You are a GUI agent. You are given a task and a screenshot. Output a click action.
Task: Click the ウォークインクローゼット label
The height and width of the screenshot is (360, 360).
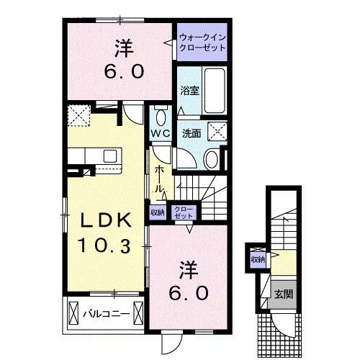pos(202,42)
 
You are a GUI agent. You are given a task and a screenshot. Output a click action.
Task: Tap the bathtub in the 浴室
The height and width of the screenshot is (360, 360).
pos(215,91)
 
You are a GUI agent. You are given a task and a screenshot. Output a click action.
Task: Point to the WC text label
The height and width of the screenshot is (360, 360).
pos(161,133)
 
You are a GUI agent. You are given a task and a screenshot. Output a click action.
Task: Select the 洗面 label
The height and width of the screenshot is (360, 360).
pos(192,134)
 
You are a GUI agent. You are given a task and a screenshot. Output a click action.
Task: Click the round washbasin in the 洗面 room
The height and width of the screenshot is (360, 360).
pos(211,158)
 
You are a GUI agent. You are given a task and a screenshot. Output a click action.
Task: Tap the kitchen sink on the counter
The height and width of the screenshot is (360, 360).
pos(110,156)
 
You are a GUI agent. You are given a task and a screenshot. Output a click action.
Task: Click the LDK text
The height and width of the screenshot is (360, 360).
pos(106,220)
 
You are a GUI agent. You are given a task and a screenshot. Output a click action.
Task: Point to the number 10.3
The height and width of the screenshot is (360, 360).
pos(104,246)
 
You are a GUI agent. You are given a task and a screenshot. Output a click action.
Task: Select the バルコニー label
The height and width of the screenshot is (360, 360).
pos(107,314)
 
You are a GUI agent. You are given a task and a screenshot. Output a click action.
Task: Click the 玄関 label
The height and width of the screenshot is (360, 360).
pos(284,294)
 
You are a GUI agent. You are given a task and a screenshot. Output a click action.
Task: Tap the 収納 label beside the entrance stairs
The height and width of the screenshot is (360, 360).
pos(258,259)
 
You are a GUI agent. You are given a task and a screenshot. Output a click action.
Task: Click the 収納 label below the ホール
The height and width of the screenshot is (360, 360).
pos(158,212)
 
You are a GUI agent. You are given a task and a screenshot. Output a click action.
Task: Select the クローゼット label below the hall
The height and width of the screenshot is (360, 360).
pos(184,212)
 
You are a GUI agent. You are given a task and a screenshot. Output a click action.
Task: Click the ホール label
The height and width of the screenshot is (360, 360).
pos(158,179)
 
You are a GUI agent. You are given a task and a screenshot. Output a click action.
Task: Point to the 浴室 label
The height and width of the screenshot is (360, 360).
pos(189,91)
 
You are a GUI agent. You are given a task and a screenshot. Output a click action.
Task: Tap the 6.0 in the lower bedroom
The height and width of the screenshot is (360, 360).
pos(189,293)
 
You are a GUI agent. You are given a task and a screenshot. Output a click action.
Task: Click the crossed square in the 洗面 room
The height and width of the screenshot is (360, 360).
pos(217,131)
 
